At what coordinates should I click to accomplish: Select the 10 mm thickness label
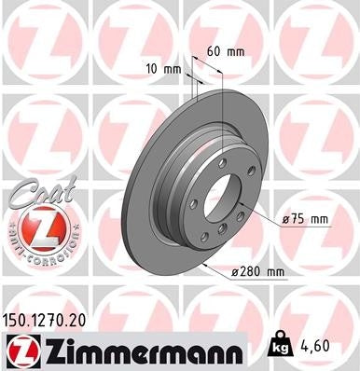161,68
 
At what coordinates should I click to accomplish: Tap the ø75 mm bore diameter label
306,220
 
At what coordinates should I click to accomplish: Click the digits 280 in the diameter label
255,272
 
